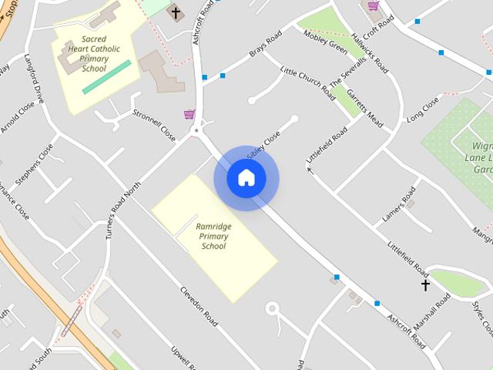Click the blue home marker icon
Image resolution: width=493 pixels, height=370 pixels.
point(246,178)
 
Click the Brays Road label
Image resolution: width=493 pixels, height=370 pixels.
point(263,46)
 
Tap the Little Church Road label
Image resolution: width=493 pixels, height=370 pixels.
point(308,82)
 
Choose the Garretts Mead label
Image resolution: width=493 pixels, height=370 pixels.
point(364,109)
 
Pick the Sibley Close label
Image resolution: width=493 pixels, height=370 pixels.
point(263,144)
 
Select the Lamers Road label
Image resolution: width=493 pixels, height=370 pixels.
point(399,205)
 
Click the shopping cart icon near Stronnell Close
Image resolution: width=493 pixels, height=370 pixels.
point(189,114)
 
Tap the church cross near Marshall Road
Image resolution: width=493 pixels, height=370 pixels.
point(425,285)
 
